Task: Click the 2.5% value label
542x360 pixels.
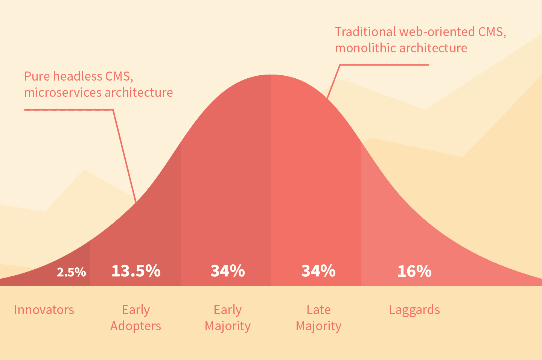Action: pyautogui.click(x=72, y=272)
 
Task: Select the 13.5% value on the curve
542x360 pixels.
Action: pyautogui.click(x=136, y=271)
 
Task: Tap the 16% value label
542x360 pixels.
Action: pyautogui.click(x=414, y=271)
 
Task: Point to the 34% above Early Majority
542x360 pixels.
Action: pyautogui.click(x=228, y=271)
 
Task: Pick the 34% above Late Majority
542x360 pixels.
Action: pyautogui.click(x=318, y=271)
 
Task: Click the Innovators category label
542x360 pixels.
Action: pyautogui.click(x=44, y=310)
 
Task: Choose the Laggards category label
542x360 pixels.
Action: pyautogui.click(x=414, y=310)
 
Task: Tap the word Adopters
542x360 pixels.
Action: pyautogui.click(x=135, y=326)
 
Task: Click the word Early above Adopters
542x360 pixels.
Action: pyautogui.click(x=136, y=310)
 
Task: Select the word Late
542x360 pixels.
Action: pyautogui.click(x=318, y=310)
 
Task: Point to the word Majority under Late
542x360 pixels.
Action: pyautogui.click(x=318, y=326)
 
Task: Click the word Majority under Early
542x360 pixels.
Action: pyautogui.click(x=228, y=326)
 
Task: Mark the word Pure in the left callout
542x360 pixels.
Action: pyautogui.click(x=37, y=76)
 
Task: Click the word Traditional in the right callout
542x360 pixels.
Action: pyautogui.click(x=365, y=32)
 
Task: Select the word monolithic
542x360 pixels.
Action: pyautogui.click(x=365, y=48)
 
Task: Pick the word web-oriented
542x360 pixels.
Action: pyautogui.click(x=437, y=32)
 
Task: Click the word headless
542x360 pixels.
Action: pyautogui.click(x=78, y=76)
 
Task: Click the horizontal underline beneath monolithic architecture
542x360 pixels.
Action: pyautogui.click(x=384, y=65)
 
